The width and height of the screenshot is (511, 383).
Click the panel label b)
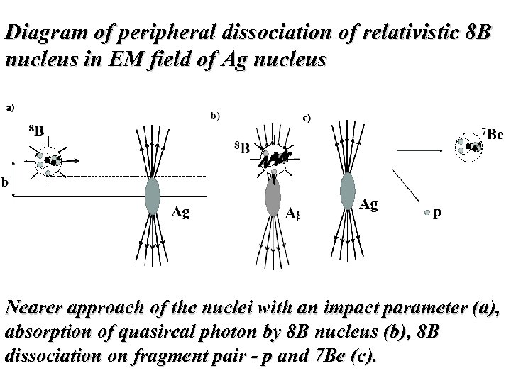tap(215, 115)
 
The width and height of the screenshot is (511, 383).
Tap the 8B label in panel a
tap(35, 131)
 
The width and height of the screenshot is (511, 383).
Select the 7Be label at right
tap(492, 134)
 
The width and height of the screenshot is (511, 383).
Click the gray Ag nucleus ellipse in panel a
tap(151, 196)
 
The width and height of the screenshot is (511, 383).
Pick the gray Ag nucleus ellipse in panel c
tap(347, 188)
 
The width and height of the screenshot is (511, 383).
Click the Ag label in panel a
tap(182, 211)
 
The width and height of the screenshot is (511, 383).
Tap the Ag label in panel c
tap(368, 205)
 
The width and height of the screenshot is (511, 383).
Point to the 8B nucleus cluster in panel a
tap(47, 160)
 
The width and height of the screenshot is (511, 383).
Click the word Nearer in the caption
tap(35, 309)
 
